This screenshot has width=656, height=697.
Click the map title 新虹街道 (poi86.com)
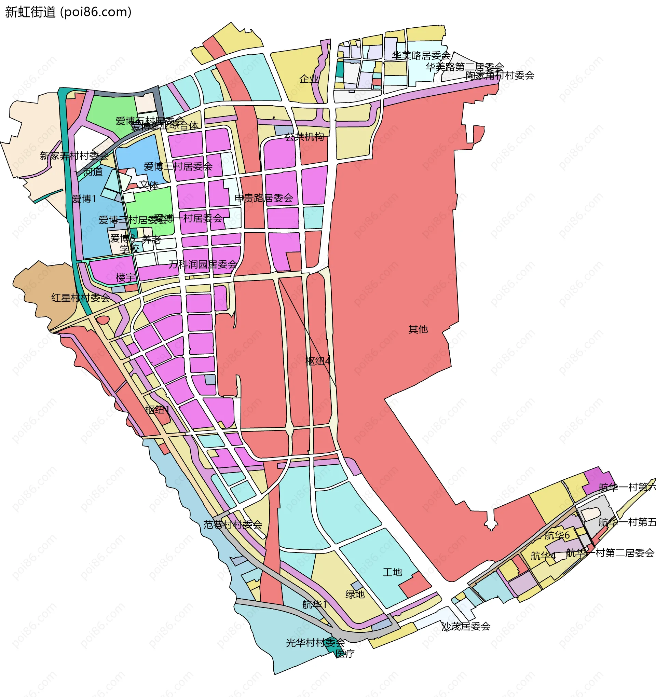click(x=68, y=12)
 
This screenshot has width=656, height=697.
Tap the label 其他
click(x=418, y=329)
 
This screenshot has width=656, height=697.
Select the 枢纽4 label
click(x=318, y=361)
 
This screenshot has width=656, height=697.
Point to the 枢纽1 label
click(x=158, y=410)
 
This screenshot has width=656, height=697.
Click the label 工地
click(x=392, y=572)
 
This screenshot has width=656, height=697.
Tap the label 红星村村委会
click(x=80, y=298)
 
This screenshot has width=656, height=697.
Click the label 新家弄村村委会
click(x=74, y=156)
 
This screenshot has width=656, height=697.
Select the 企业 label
click(x=309, y=79)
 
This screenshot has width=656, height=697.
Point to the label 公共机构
click(x=304, y=137)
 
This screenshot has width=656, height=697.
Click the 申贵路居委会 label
click(x=264, y=198)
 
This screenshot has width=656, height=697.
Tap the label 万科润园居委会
click(x=203, y=264)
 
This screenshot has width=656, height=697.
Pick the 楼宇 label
click(x=125, y=278)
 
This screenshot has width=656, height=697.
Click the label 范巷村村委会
click(x=232, y=525)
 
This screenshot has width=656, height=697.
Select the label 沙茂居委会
click(x=466, y=627)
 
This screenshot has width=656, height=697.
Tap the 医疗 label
click(x=345, y=654)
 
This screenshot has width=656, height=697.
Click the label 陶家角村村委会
click(x=500, y=76)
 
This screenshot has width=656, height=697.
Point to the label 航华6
click(x=557, y=535)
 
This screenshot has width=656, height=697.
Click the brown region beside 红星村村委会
click(x=42, y=281)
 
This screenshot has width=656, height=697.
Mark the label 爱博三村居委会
click(x=178, y=166)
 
